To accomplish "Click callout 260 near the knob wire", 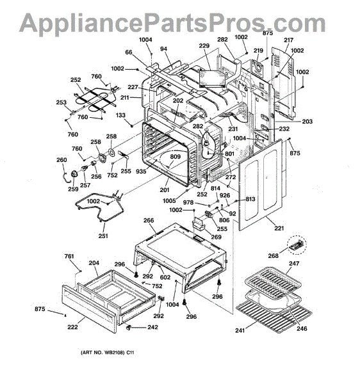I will click(x=61, y=160).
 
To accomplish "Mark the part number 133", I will click(x=120, y=115).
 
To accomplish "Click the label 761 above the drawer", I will click(x=69, y=257).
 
